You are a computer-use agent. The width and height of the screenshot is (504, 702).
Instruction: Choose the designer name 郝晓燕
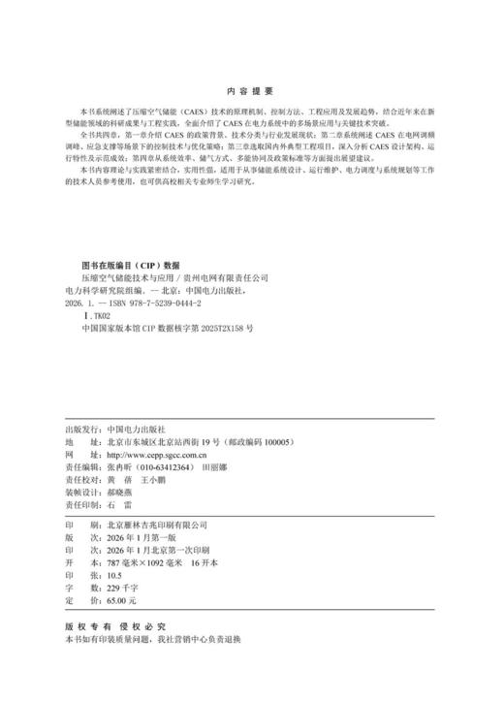[123, 492]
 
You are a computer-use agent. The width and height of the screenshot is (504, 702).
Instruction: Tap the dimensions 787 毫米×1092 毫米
[141, 562]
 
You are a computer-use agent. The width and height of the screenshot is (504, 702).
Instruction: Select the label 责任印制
[81, 504]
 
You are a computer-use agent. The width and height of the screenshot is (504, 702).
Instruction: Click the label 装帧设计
[81, 492]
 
